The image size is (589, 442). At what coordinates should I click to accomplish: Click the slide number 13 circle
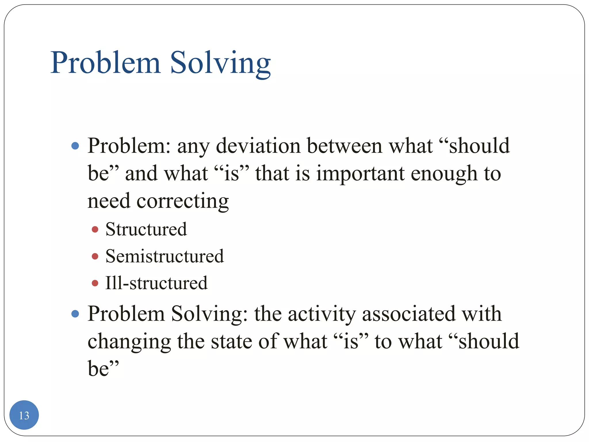pos(24,415)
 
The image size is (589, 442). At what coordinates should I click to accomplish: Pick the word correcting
pos(183,201)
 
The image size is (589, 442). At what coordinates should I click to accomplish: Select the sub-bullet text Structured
pos(146,229)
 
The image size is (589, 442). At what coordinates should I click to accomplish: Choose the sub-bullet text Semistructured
pos(165,256)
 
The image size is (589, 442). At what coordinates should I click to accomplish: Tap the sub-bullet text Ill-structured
pos(156,283)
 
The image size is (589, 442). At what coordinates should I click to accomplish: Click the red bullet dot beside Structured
pos(95,229)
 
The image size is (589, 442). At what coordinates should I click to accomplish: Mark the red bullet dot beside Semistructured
pos(95,256)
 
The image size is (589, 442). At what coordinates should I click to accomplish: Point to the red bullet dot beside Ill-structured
pos(95,283)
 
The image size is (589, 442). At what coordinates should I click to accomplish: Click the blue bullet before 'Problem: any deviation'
pos(75,146)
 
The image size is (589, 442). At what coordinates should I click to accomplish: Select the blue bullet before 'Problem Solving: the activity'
pos(75,314)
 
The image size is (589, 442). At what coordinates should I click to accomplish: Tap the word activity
pos(322,314)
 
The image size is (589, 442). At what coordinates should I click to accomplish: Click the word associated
pos(409,314)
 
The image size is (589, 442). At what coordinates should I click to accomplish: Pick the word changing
pos(129,342)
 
